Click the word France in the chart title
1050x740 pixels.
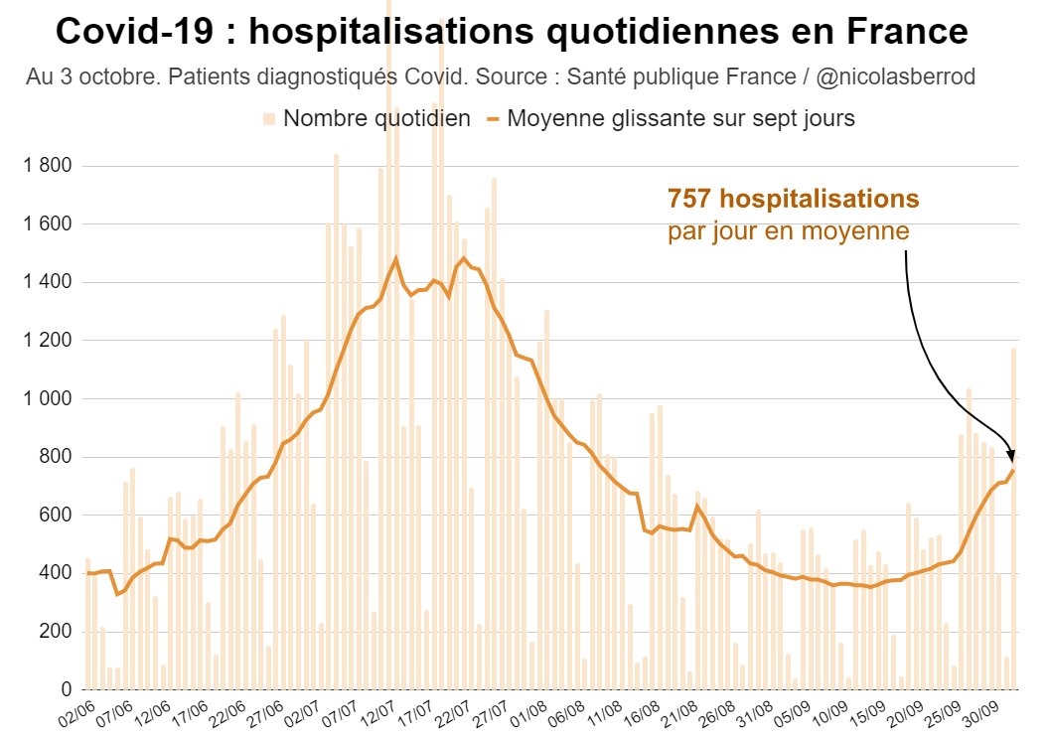click(906, 32)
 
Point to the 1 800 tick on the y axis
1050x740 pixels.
click(47, 166)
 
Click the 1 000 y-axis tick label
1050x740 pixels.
click(47, 399)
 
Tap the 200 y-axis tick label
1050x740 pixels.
click(57, 632)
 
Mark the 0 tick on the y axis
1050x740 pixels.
click(67, 689)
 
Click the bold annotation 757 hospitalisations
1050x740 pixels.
click(793, 199)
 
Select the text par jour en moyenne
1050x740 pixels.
click(788, 231)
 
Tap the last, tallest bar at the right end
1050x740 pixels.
click(1014, 517)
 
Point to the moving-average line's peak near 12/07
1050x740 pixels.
click(395, 258)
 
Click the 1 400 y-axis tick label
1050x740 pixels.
click(47, 283)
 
